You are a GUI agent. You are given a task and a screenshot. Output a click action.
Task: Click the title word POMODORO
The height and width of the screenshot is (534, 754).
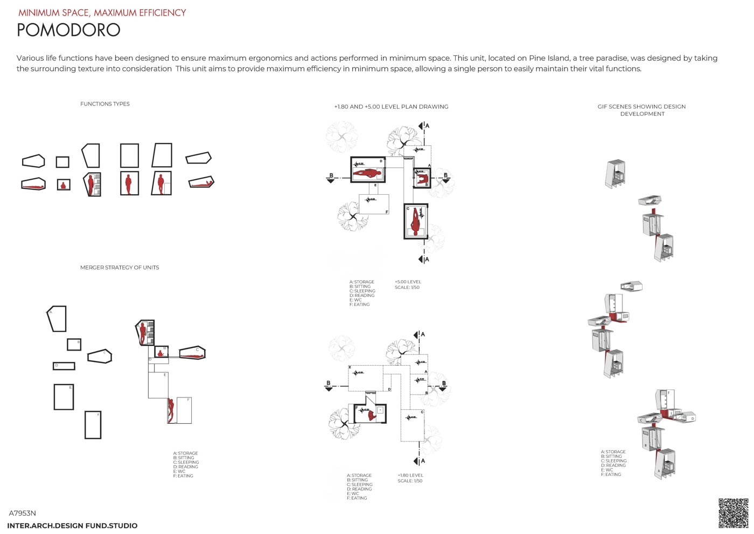(68, 30)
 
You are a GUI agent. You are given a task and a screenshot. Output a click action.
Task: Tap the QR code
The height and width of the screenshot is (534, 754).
(733, 512)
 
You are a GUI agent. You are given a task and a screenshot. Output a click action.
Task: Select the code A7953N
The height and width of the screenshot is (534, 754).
(23, 513)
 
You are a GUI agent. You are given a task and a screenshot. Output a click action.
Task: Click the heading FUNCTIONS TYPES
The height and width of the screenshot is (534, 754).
(105, 104)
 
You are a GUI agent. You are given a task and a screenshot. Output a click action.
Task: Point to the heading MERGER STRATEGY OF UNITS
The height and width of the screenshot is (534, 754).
(120, 267)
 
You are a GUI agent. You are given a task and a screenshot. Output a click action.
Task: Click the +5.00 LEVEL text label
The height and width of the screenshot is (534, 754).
(408, 282)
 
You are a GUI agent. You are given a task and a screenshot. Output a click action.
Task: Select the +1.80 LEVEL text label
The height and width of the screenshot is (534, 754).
(410, 475)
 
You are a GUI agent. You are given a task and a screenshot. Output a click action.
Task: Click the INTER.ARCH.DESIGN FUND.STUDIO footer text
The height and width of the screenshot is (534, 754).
(72, 525)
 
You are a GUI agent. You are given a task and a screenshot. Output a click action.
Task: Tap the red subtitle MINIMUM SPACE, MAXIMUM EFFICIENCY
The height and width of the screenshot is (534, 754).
(102, 13)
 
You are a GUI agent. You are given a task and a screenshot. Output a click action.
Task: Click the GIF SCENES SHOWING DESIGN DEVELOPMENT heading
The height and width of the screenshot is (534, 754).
(641, 110)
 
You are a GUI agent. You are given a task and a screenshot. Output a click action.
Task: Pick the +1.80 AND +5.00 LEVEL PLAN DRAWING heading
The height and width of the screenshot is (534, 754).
(391, 106)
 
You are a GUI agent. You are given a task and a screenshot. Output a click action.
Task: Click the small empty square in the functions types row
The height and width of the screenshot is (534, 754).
(62, 162)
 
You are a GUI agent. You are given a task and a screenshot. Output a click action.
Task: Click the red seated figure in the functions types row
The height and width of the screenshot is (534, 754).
(64, 185)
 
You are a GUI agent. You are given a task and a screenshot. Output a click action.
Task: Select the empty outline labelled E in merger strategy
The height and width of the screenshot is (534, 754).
(64, 397)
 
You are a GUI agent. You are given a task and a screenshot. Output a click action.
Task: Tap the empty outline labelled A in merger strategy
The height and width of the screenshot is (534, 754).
(57, 319)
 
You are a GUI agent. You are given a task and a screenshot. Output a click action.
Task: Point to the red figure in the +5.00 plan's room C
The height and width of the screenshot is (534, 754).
(415, 221)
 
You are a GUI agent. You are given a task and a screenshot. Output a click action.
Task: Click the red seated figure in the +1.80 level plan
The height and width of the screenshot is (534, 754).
(371, 415)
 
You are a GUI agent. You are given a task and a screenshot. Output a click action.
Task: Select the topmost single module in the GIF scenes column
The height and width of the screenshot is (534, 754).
(616, 173)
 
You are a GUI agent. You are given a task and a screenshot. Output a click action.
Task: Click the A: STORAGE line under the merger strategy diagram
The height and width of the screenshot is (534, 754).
(185, 453)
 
